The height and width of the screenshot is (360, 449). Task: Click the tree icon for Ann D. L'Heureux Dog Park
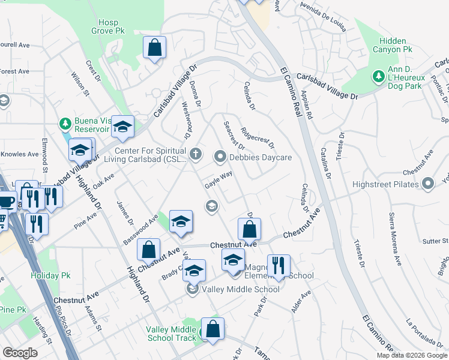[x=378, y=76]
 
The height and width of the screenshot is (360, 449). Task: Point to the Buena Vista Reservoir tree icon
[x=65, y=124]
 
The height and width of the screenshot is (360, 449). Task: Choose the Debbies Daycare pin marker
[x=220, y=158]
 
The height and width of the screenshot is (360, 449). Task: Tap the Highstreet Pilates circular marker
[x=428, y=184]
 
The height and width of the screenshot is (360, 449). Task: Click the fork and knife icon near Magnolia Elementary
[x=278, y=265]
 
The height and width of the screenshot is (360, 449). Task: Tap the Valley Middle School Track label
[x=171, y=334]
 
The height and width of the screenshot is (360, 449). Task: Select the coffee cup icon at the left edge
[x=6, y=201]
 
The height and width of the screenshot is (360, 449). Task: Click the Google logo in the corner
[x=20, y=353]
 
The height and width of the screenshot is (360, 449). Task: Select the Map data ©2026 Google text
[x=411, y=355]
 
